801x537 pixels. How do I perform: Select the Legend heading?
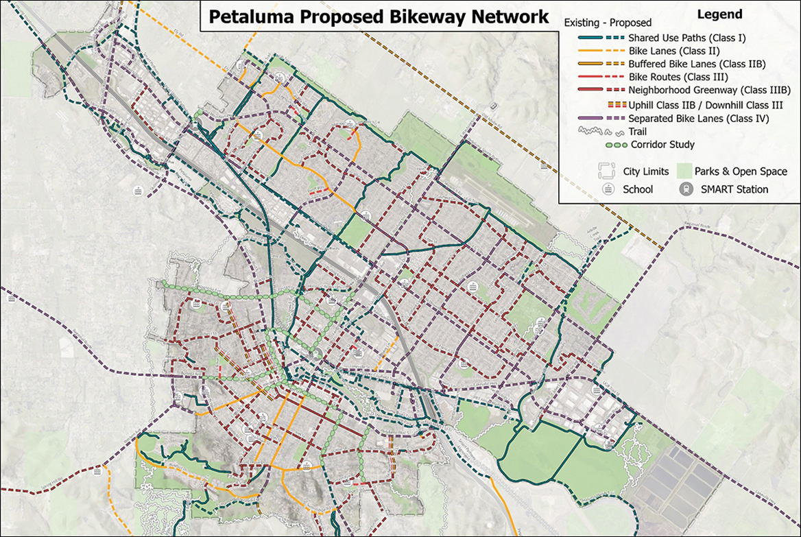[719, 14]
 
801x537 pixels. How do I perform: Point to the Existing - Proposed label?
[608, 23]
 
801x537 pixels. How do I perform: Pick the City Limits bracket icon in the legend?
[606, 171]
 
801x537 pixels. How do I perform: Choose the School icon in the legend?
[606, 189]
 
